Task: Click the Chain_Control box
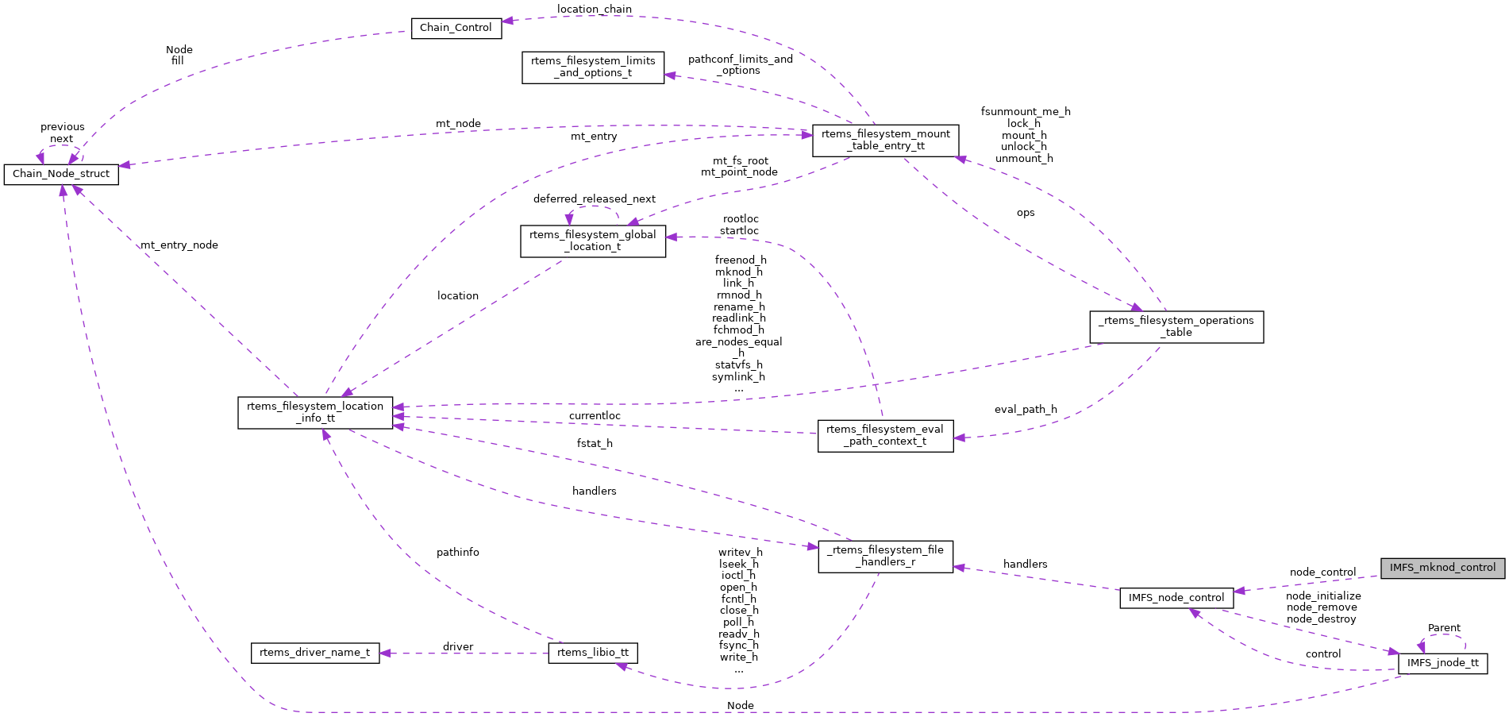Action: coord(456,28)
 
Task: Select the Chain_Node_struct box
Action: coord(61,174)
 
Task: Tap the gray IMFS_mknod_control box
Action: coord(1442,568)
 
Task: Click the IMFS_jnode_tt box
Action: coord(1442,663)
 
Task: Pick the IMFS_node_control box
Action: coord(1176,598)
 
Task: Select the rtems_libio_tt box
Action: coord(592,653)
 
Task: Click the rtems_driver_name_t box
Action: coord(314,653)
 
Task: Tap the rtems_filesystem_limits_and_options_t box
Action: coord(593,67)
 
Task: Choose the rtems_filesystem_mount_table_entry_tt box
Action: coord(885,140)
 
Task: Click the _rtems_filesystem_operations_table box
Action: coord(1176,326)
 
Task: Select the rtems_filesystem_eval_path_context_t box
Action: coord(885,435)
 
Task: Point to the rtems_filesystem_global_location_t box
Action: coord(592,241)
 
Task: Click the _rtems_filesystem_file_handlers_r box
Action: coord(885,556)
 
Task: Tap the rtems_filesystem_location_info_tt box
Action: coord(315,412)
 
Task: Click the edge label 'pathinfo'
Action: coord(458,552)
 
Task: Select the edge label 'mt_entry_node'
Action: coord(179,245)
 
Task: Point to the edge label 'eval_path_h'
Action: coord(1026,410)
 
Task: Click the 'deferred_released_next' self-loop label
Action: coord(595,199)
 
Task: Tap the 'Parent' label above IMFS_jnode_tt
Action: coord(1444,628)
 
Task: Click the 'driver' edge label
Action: coord(458,646)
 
